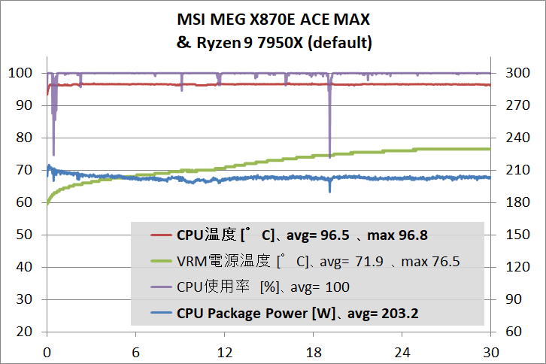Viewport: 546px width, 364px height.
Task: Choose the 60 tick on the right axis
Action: click(512, 332)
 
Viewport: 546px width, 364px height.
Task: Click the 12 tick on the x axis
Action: click(223, 352)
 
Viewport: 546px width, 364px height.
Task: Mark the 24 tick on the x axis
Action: click(401, 352)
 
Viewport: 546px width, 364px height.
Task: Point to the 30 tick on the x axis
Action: click(490, 352)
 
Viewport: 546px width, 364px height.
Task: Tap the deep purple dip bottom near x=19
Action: click(330, 154)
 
